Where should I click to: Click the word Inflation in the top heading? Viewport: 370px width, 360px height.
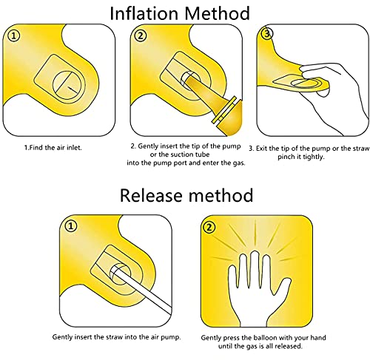(144, 13)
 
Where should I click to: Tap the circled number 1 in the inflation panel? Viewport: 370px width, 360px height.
(14, 36)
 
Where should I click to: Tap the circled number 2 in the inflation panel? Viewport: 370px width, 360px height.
(141, 36)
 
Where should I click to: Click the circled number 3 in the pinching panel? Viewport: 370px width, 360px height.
(267, 34)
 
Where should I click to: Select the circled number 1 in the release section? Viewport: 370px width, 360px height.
(71, 226)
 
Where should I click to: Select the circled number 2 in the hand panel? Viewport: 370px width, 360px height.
(209, 227)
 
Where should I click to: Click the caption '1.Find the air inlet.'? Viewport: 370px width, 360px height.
(53, 148)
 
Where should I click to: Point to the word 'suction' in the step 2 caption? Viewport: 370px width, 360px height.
(177, 154)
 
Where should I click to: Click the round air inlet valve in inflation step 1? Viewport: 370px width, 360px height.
(67, 85)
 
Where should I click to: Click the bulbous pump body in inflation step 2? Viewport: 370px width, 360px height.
(230, 119)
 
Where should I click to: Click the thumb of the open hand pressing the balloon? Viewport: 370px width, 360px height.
(283, 288)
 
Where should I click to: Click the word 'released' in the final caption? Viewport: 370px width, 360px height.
(289, 346)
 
